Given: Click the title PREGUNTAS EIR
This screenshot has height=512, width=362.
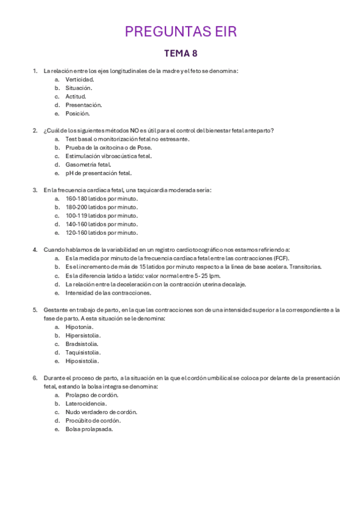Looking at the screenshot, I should click(x=181, y=31).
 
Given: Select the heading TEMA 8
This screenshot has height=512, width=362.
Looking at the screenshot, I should click(x=181, y=53).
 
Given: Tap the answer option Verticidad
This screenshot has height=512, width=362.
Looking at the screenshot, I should click(x=80, y=79).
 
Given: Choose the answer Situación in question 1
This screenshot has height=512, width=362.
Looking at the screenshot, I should click(x=79, y=88).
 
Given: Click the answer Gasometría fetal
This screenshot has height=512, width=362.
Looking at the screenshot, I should click(x=88, y=164).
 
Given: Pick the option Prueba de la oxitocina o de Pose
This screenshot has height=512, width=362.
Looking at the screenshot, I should click(x=109, y=147).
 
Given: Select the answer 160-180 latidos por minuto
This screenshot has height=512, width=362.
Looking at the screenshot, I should click(x=102, y=199).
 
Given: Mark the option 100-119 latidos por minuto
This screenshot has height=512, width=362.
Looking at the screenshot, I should click(x=102, y=216).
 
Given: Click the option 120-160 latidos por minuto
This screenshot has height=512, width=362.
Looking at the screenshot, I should click(x=102, y=232).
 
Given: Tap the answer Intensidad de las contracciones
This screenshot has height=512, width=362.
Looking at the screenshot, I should click(x=108, y=293).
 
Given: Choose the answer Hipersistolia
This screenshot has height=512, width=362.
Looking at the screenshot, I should click(x=83, y=335).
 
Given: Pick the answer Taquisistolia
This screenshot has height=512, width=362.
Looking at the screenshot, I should click(x=83, y=352).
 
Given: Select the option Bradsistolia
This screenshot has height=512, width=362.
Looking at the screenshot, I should click(x=82, y=344).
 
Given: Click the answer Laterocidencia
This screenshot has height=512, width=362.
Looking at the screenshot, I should click(x=86, y=403).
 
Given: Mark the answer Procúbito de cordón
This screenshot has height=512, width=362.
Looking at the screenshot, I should click(x=93, y=420).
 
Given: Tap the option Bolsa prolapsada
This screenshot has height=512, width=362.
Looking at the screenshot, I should click(x=89, y=429).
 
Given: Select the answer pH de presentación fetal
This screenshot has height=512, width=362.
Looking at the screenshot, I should click(x=98, y=173).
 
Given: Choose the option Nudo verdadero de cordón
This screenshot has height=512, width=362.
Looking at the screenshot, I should click(x=102, y=412).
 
